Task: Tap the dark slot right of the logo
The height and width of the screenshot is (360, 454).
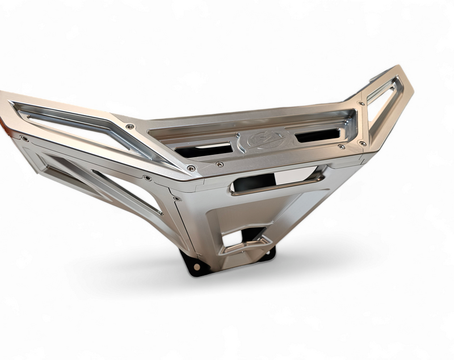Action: click(317, 135)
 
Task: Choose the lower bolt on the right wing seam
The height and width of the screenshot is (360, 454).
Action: click(362, 143)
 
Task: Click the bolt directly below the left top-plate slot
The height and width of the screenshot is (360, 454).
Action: click(219, 164)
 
